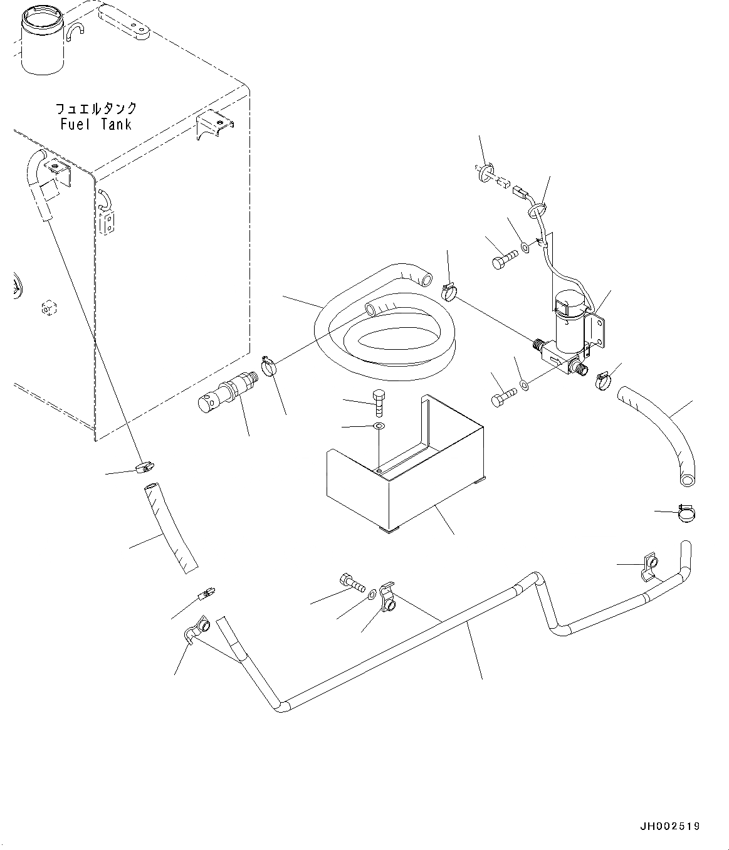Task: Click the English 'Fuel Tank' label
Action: pos(97,125)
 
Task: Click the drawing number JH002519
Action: pos(669,826)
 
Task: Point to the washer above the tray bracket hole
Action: pos(378,426)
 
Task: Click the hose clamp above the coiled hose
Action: pos(451,290)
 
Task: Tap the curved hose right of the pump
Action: pos(661,433)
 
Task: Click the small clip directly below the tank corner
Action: pos(146,466)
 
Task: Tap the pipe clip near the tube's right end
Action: pos(649,566)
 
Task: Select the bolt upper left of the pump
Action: pos(503,260)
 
